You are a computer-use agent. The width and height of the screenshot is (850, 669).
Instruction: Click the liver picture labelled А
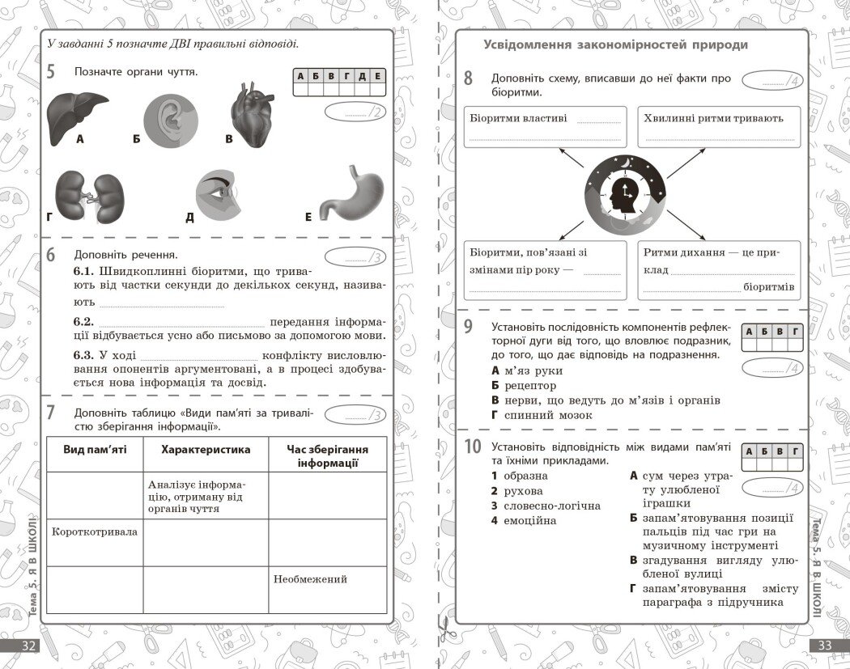(78, 115)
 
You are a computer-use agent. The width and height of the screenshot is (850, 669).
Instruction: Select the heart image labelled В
(256, 115)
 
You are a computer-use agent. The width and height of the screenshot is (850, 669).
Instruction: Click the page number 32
(28, 646)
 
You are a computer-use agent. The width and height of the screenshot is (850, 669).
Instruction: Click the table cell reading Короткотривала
(95, 532)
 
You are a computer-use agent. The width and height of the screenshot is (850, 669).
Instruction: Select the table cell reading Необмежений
(310, 579)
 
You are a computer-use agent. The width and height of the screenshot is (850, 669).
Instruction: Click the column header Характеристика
(206, 450)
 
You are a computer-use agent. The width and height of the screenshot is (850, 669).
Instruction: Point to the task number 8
(468, 78)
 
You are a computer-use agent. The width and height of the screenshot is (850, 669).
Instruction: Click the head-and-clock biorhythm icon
(625, 195)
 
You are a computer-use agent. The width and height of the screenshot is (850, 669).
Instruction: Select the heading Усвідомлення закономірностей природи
(615, 45)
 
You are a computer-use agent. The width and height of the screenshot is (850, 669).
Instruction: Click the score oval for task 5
(355, 112)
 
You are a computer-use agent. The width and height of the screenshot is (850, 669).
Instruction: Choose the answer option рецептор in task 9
(529, 386)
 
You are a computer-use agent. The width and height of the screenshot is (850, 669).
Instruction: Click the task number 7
(50, 413)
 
